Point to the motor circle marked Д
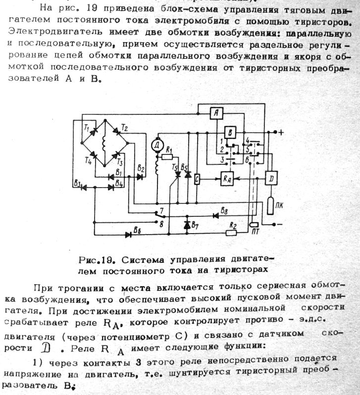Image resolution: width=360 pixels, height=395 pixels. tap(157, 145)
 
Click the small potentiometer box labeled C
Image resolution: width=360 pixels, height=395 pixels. tap(197, 179)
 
